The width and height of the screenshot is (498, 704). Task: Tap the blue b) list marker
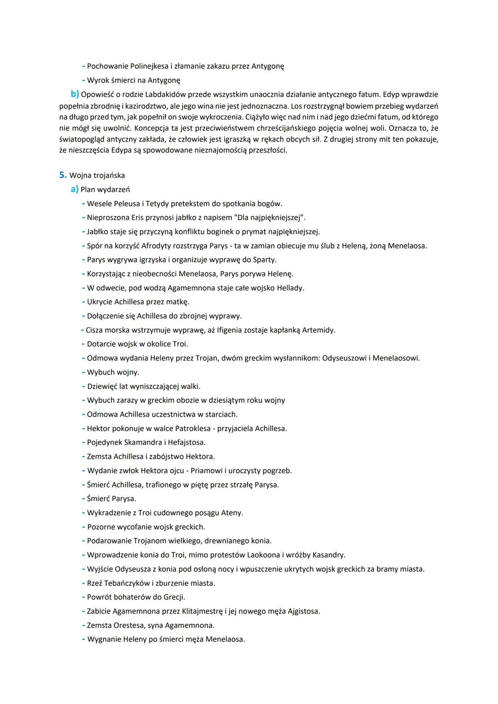pos(75,95)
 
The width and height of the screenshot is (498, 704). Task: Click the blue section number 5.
pos(62,175)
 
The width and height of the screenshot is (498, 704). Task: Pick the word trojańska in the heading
pos(109,175)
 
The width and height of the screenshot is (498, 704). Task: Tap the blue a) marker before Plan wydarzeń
pos(74,189)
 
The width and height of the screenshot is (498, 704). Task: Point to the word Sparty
pos(264,260)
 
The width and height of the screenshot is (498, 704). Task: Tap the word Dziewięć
pos(102,386)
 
